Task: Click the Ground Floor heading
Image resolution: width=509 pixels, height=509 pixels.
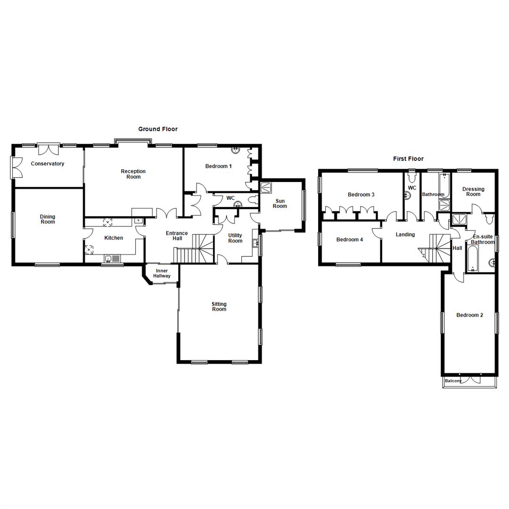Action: coord(157,129)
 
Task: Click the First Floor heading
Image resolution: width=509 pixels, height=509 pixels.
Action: coord(408,159)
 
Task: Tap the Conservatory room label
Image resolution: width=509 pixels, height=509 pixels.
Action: coord(47,164)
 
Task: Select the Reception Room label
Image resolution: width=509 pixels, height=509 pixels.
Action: coord(133,174)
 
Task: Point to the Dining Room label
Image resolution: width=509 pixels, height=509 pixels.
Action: coord(48,219)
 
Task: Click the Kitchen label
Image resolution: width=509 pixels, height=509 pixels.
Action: coord(114,238)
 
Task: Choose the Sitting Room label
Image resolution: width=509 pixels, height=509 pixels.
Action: coord(219,307)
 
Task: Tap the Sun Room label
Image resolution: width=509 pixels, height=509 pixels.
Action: coord(279,203)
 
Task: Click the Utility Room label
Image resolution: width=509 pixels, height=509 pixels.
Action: coord(235,238)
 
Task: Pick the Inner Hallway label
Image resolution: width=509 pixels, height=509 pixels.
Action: coord(161,273)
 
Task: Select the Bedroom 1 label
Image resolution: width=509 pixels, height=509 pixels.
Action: coord(218,166)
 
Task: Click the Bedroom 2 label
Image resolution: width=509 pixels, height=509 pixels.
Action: coord(469,315)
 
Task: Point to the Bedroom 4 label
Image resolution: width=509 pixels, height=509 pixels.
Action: coord(349,239)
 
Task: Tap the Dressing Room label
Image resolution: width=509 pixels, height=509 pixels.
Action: coord(473,192)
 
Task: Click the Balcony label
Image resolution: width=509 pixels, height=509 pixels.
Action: coord(453,381)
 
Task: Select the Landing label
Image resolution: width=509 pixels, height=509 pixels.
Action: coord(405,234)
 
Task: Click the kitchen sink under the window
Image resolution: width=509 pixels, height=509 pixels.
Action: coord(112,258)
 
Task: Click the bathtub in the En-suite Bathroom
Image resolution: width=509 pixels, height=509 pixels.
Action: coord(472,259)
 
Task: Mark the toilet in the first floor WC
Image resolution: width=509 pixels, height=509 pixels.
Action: coord(412,177)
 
